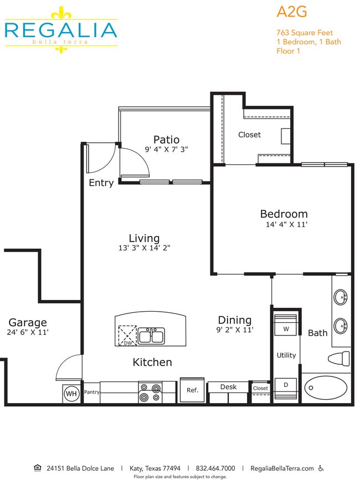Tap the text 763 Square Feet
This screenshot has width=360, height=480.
click(x=305, y=33)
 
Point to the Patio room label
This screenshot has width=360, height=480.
click(x=166, y=140)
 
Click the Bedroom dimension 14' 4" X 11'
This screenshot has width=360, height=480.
click(x=286, y=225)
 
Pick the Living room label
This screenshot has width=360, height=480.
click(x=144, y=238)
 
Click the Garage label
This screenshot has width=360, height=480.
click(x=28, y=322)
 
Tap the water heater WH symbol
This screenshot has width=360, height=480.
click(x=71, y=394)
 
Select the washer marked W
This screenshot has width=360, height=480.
click(x=286, y=329)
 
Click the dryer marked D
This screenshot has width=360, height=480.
click(x=286, y=384)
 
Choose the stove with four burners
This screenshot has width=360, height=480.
click(x=150, y=393)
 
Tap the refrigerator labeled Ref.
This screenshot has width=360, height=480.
click(x=192, y=390)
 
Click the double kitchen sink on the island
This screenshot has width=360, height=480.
click(x=151, y=336)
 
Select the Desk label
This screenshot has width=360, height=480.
click(x=228, y=386)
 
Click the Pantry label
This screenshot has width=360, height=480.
click(x=91, y=392)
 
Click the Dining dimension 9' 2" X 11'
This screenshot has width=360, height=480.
click(x=235, y=330)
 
